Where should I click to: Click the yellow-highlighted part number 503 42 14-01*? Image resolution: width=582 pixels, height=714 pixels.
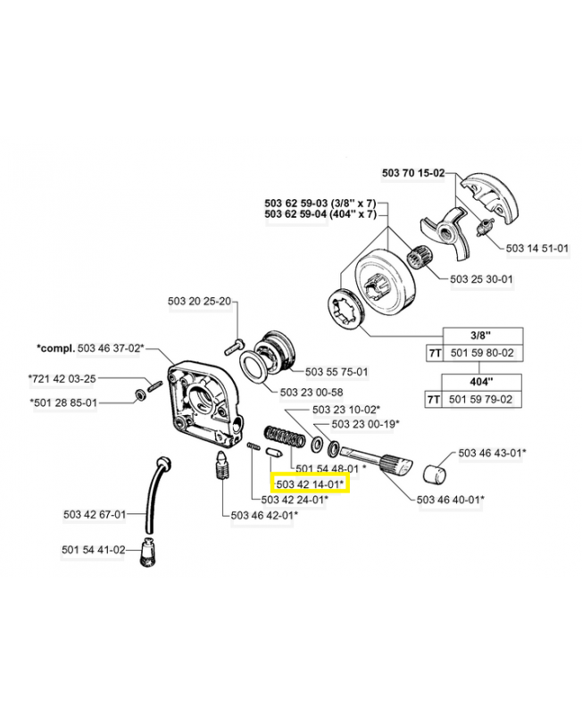tap(312, 483)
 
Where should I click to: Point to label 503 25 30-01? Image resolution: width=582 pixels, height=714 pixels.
tap(482, 278)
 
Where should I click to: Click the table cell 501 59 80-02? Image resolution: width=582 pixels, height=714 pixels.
tap(483, 353)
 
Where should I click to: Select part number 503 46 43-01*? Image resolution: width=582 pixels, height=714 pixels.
tap(492, 452)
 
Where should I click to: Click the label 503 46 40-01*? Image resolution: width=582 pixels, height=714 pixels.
tap(450, 499)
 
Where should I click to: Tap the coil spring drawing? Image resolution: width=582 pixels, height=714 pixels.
tap(283, 440)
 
